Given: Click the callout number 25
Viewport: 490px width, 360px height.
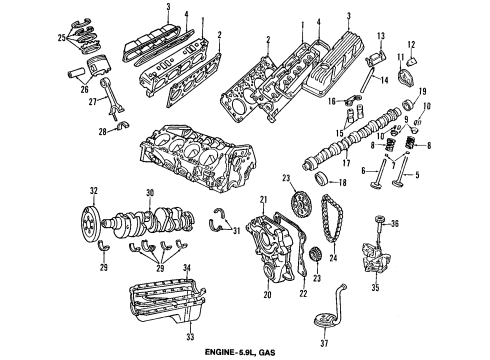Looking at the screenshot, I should (34, 38).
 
